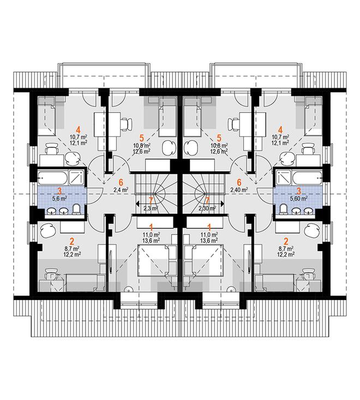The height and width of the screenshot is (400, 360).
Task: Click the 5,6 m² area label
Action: (x=59, y=198)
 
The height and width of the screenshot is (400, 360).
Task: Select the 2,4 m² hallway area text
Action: (x=121, y=190)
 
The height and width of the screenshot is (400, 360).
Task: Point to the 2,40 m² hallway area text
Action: (x=239, y=190)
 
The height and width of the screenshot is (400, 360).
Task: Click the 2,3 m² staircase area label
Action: (x=151, y=208)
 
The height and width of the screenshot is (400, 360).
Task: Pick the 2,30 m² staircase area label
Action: (x=207, y=208)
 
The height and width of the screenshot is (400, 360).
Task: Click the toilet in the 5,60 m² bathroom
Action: (x=283, y=210)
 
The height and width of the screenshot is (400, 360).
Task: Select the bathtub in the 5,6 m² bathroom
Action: (x=53, y=177)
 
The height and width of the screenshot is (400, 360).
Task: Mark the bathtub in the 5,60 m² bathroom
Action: (x=307, y=177)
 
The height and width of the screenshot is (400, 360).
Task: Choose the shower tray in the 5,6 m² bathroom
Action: (x=76, y=177)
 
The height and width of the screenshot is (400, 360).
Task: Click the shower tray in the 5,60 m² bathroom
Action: (x=284, y=177)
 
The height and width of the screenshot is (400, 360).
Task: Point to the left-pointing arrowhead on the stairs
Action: (x=137, y=204)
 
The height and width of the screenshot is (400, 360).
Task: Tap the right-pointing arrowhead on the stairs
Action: (x=223, y=204)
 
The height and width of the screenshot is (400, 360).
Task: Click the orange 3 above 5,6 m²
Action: (x=59, y=191)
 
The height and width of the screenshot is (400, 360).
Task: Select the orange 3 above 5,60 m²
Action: (x=299, y=191)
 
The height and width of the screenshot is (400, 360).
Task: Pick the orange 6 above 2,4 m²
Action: (x=121, y=182)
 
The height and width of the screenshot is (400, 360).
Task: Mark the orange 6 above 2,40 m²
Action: (x=239, y=182)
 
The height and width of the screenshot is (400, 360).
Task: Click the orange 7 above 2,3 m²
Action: (x=151, y=201)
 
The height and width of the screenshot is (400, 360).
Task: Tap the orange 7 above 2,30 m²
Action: (x=207, y=201)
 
